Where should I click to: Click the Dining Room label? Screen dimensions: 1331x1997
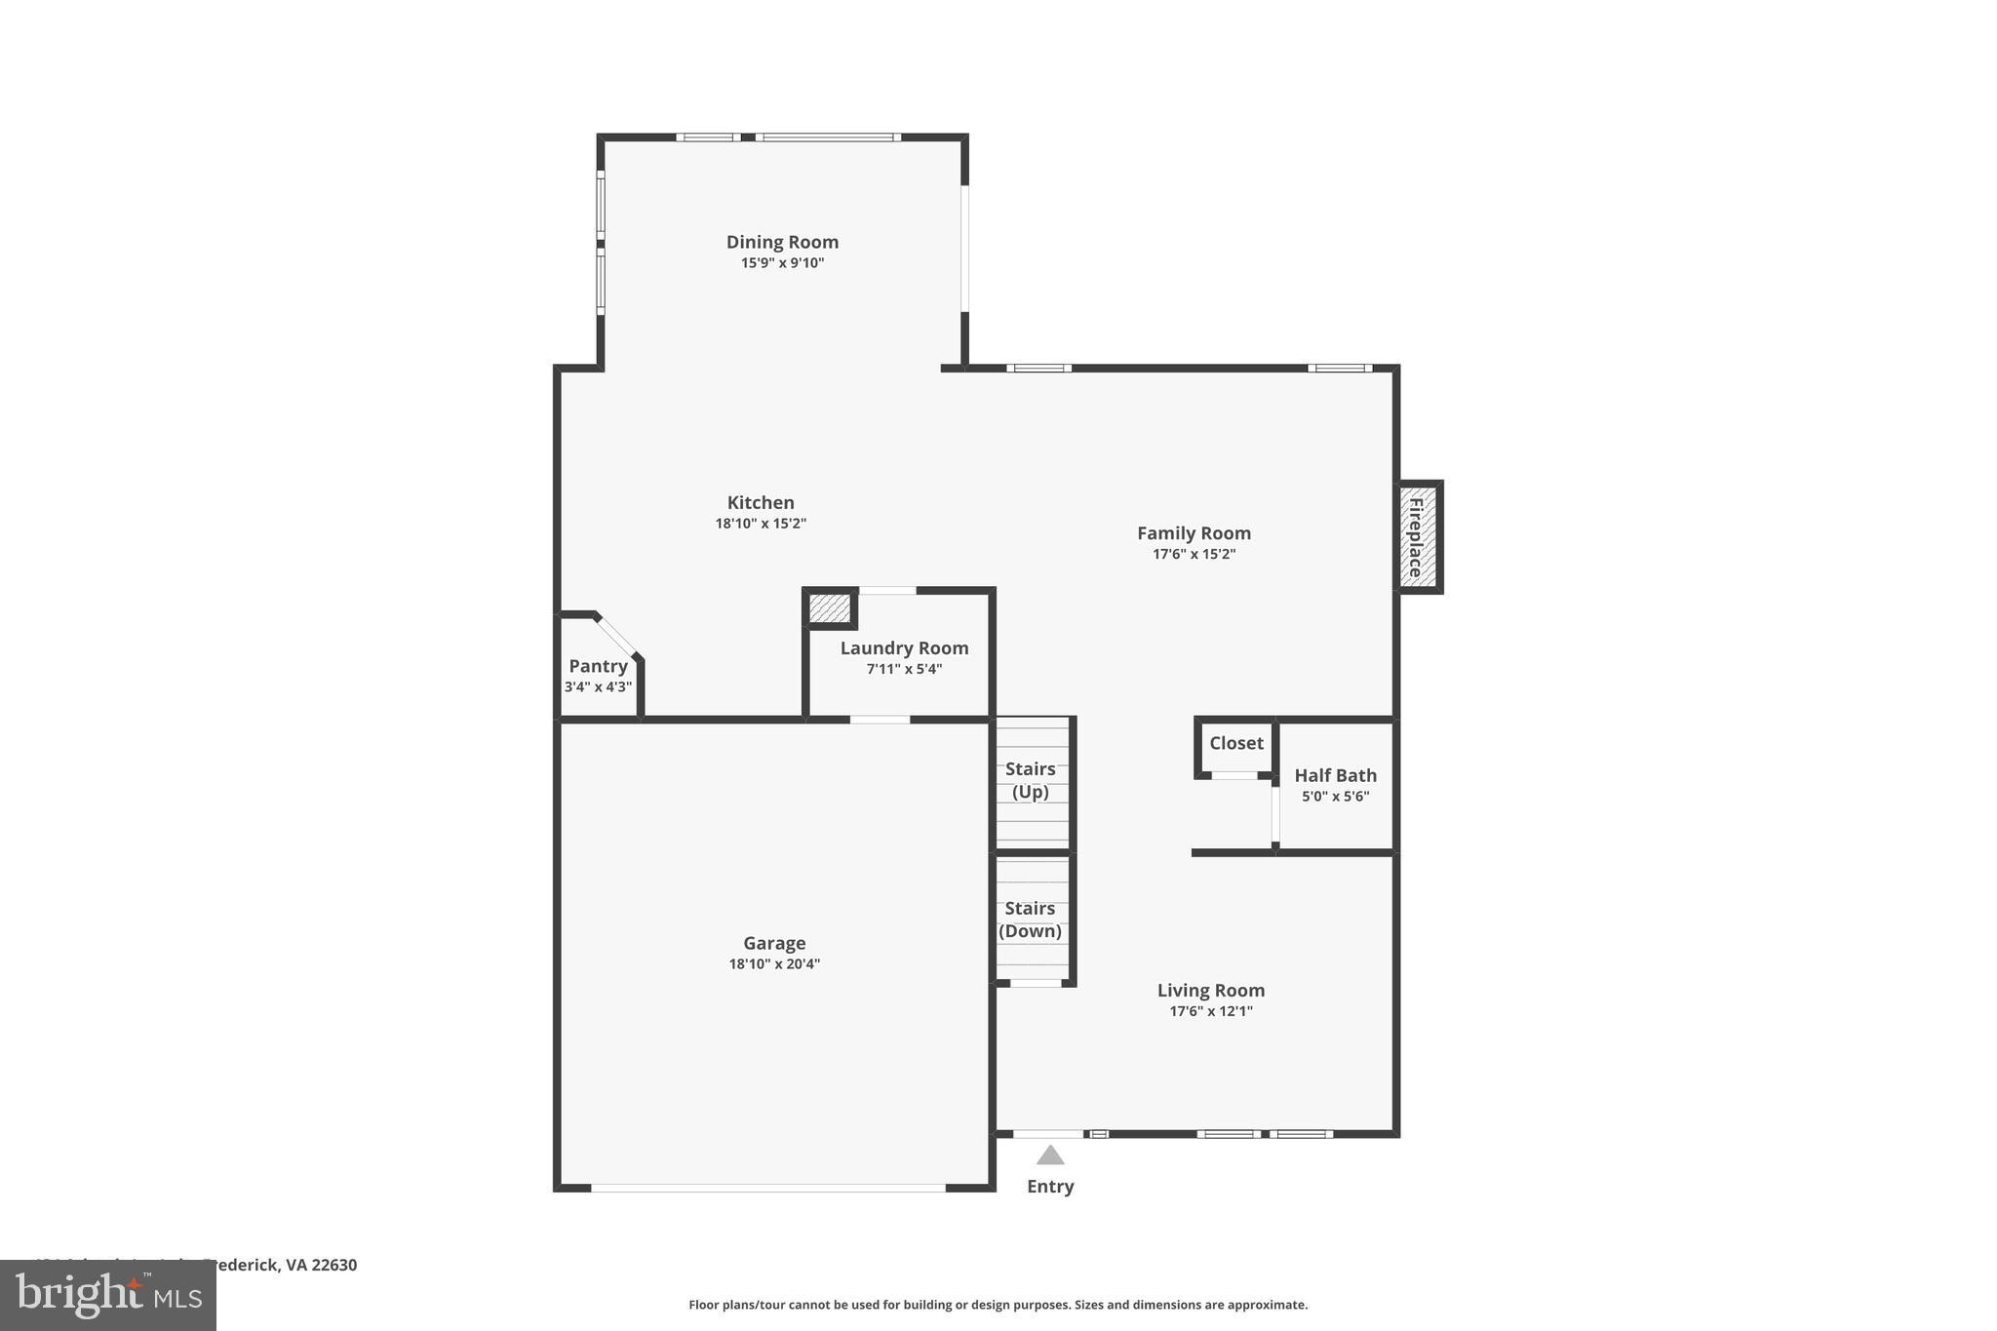tap(782, 242)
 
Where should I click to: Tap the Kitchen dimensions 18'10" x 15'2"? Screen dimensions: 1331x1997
tap(761, 524)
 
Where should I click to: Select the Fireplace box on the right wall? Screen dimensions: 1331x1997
tap(1419, 537)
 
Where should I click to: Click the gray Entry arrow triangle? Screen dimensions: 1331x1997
tap(1050, 1156)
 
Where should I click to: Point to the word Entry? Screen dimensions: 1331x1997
tap(1050, 1187)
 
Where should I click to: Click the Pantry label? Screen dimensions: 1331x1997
tap(598, 666)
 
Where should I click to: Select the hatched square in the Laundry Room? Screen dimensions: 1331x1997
tap(830, 608)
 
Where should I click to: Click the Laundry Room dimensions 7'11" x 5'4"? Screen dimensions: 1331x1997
tap(904, 669)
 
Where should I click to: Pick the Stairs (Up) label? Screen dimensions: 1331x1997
tap(1031, 780)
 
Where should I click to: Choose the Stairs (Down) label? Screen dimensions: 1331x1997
tap(1031, 920)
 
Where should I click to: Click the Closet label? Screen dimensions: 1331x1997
tap(1235, 743)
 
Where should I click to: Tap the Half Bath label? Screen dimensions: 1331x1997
tap(1335, 775)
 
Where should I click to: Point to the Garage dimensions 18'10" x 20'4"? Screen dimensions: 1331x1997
tap(774, 964)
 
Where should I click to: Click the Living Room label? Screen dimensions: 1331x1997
tap(1210, 991)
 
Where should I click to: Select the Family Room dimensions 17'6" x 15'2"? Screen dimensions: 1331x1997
tap(1194, 554)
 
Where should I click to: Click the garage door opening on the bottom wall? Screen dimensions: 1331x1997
tap(768, 1188)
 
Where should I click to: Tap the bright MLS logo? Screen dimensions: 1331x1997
tap(108, 1295)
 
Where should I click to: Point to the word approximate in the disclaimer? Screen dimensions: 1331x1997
tap(1266, 1305)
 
